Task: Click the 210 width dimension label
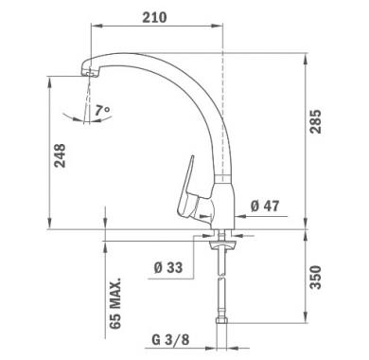(154, 18)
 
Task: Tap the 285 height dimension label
(315, 121)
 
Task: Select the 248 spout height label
(60, 155)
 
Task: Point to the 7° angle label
(102, 110)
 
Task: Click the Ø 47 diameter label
(265, 207)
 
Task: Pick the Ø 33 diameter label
(168, 268)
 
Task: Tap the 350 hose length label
(315, 278)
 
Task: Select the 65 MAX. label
(115, 303)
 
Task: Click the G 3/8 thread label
(170, 340)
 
